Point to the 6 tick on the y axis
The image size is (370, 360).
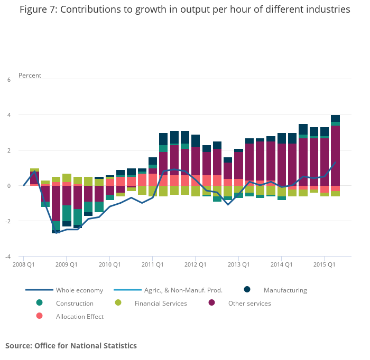point(8,80)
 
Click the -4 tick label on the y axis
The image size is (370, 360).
point(7,257)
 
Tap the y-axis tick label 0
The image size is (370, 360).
point(8,186)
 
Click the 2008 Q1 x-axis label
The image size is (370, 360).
point(23,264)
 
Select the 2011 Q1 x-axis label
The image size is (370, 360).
point(152,264)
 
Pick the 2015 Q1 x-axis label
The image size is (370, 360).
point(324,264)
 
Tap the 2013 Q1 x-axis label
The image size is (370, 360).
point(238,264)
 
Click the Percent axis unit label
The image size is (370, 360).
point(30,75)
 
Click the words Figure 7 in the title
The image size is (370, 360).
point(37,10)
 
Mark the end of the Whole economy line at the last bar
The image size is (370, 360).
point(335,163)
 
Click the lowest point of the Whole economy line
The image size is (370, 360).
point(56,232)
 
